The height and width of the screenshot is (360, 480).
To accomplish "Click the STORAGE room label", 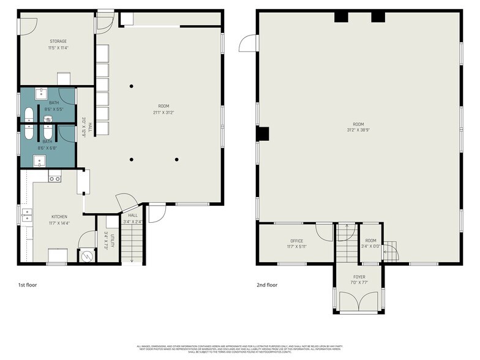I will tap(58, 42).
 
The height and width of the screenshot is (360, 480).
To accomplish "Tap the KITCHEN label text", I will tap(59, 217).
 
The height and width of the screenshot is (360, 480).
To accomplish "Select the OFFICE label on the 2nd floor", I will tap(296, 241).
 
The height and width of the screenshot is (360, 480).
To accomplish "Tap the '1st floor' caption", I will tap(28, 285).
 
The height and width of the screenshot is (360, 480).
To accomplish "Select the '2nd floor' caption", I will tap(267, 285).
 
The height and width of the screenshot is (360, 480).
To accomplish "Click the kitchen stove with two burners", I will tap(54, 179).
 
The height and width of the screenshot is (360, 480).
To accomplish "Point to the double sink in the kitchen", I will tap(27, 214).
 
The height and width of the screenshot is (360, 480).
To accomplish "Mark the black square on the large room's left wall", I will tap(263, 133).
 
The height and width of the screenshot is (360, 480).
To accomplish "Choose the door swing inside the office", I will tap(323, 231).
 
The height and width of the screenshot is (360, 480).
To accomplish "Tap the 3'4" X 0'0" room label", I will tap(370, 243).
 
